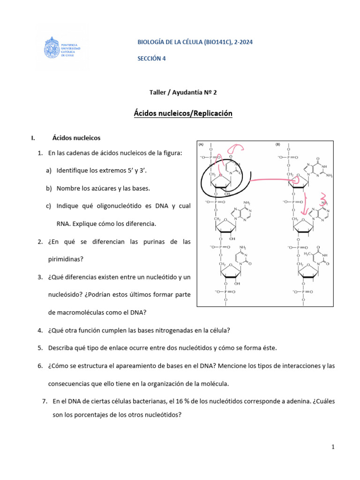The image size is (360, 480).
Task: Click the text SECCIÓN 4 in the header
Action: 151,59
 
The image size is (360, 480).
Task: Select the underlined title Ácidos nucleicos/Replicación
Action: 180,113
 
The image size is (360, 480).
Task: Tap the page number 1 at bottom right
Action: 333,447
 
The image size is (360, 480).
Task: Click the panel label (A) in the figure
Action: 202,144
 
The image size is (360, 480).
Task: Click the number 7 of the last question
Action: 44,402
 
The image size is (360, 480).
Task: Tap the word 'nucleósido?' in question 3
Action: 65,295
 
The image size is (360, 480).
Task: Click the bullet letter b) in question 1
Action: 49,188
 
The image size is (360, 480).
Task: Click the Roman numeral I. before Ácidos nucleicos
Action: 32,138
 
